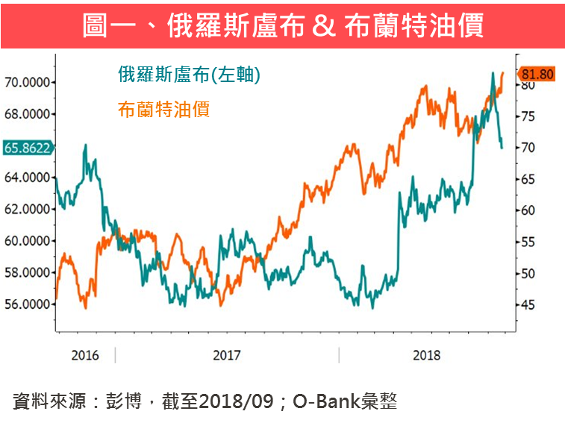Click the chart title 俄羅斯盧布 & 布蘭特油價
pyautogui.click(x=282, y=26)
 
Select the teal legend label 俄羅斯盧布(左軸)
pyautogui.click(x=189, y=74)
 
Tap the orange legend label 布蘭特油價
pyautogui.click(x=163, y=110)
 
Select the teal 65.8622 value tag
pyautogui.click(x=27, y=148)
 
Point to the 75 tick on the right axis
pyautogui.click(x=528, y=116)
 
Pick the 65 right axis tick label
pyautogui.click(x=528, y=179)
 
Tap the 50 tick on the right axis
pyautogui.click(x=528, y=274)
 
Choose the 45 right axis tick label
pyautogui.click(x=528, y=305)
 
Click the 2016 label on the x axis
pyautogui.click(x=85, y=354)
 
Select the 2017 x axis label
pyautogui.click(x=227, y=354)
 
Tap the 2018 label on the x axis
pyautogui.click(x=426, y=354)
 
